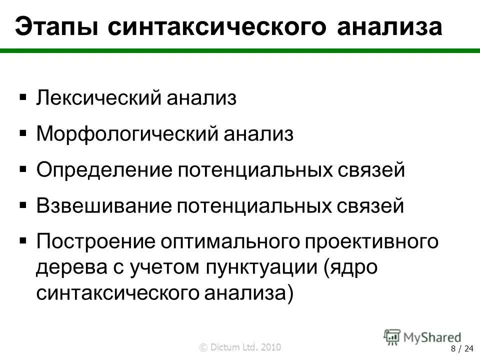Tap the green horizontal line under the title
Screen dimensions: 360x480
[x=240, y=50]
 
